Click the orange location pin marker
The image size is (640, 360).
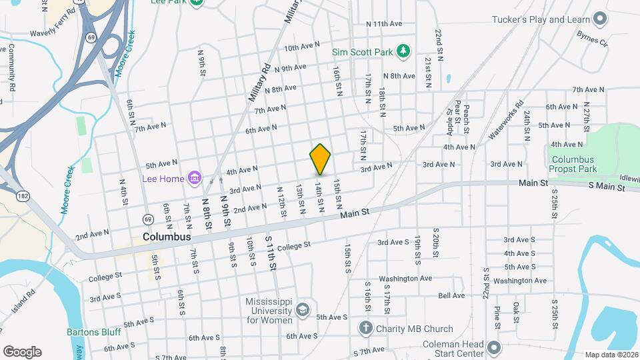[320, 159]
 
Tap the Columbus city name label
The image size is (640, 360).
[167, 237]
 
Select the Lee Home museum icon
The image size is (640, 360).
[195, 178]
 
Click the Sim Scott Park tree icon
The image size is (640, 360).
[403, 51]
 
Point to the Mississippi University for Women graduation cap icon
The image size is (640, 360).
[303, 310]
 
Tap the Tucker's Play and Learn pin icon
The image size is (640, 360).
[601, 19]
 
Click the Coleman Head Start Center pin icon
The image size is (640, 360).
[494, 347]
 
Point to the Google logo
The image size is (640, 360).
[22, 351]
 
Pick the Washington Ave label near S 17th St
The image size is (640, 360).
[405, 278]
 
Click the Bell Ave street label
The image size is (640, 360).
[451, 295]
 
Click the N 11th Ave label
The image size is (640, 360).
[384, 23]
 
